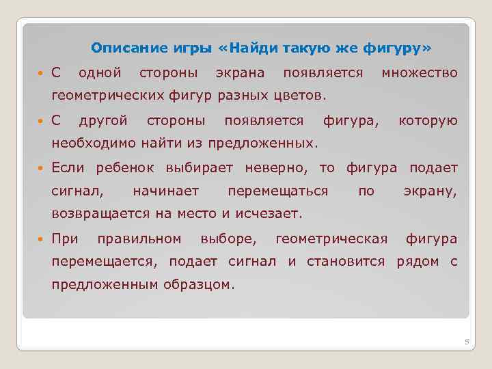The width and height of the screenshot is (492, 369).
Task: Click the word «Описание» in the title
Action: click(x=122, y=49)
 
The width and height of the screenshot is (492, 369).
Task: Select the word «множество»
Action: click(x=420, y=72)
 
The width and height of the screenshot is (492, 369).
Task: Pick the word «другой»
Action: click(x=103, y=121)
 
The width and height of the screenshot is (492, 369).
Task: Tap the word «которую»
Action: click(x=428, y=121)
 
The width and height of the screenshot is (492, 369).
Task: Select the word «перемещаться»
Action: click(x=277, y=191)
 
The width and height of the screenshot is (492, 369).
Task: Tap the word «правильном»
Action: click(x=139, y=238)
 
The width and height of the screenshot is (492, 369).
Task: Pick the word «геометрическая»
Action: click(x=331, y=238)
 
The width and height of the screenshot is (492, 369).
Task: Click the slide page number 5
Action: click(x=467, y=342)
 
